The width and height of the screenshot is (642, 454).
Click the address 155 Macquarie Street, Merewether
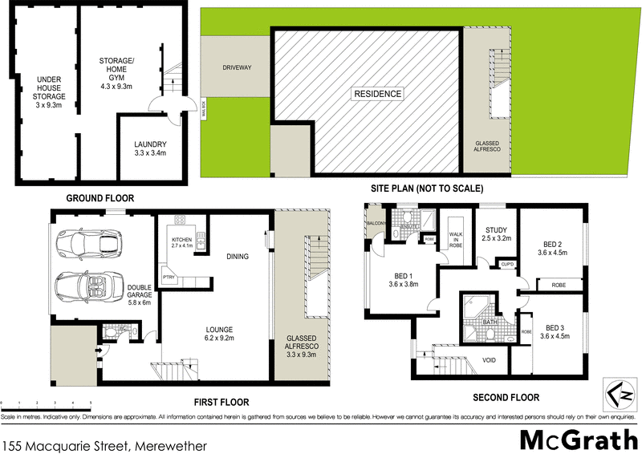click(105, 444)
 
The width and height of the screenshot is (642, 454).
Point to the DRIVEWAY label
click(238, 68)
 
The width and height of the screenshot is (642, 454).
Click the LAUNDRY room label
click(150, 142)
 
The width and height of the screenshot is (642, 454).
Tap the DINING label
click(237, 257)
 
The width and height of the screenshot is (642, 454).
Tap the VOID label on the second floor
click(489, 360)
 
